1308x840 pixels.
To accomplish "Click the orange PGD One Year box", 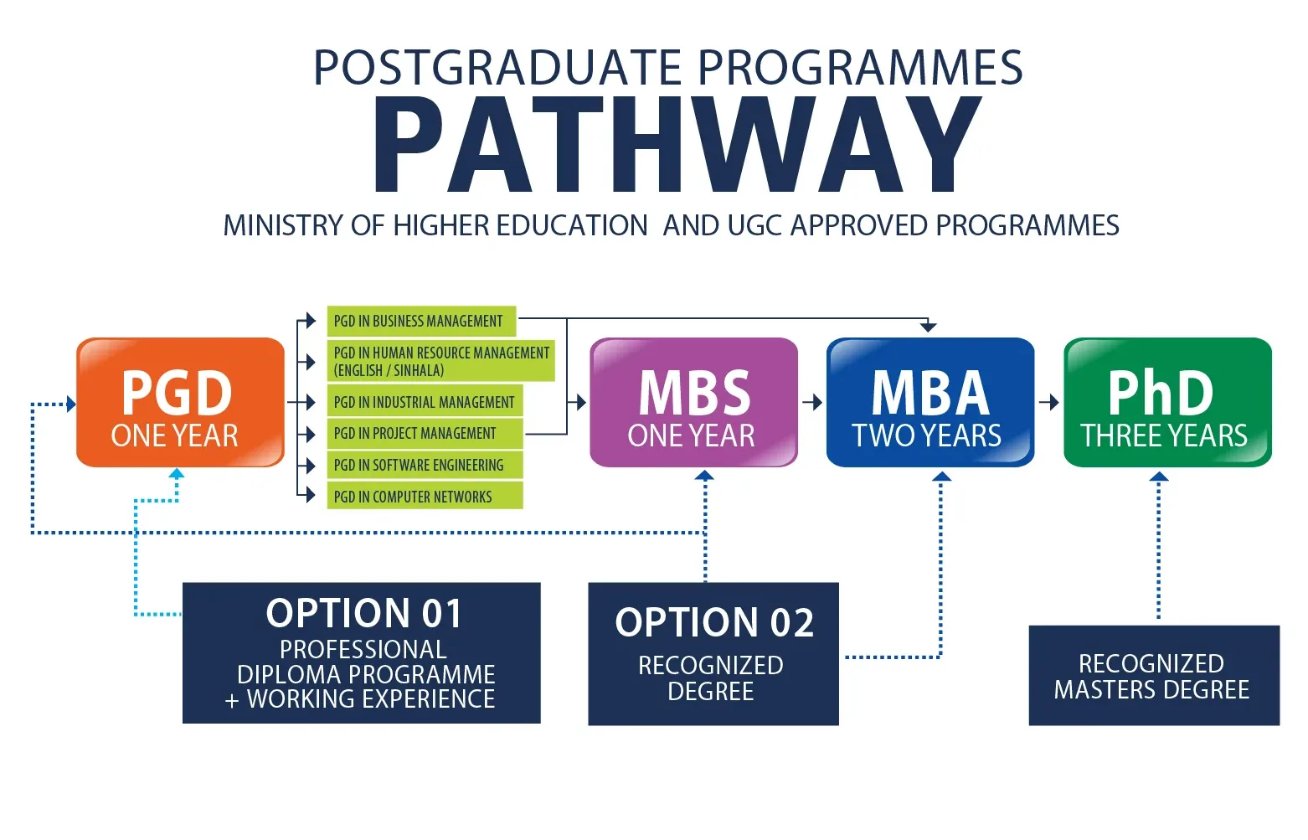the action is [x=180, y=402].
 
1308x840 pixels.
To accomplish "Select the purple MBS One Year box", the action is [x=693, y=402].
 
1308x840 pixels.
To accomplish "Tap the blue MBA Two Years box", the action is [x=930, y=402].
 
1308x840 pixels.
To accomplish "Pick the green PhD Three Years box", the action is [x=1167, y=402].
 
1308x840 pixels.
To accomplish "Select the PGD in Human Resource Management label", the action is [x=440, y=361].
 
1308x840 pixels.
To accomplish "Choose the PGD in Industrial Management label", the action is [x=425, y=402].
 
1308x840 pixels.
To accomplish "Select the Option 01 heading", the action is [x=363, y=613].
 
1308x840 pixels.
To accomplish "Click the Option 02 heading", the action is [x=714, y=622].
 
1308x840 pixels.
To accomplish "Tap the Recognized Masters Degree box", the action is [x=1154, y=675].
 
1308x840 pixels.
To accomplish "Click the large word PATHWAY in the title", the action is [x=676, y=144].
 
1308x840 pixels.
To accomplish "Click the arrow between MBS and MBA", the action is [x=812, y=402].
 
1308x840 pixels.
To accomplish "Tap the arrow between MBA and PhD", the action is [x=1049, y=402].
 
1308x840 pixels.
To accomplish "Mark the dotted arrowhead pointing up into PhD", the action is [x=1159, y=477].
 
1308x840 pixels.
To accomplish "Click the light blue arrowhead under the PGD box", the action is [x=177, y=473].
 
